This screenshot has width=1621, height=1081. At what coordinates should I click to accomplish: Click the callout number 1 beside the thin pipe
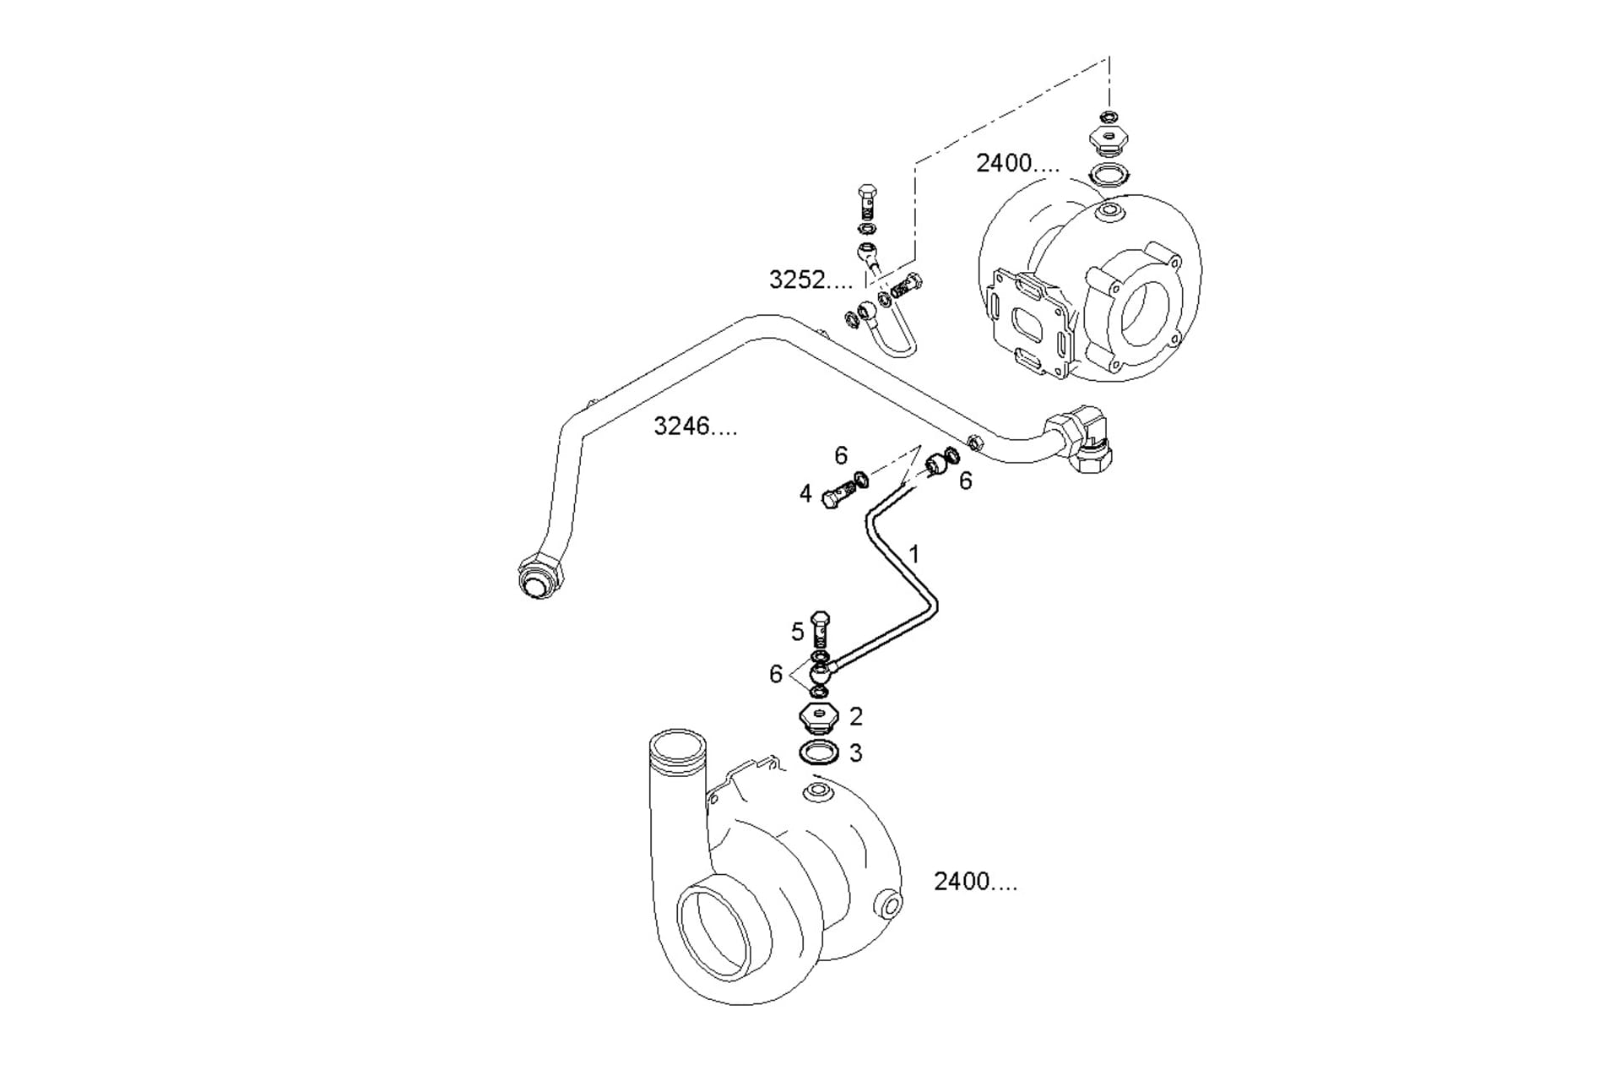pyautogui.click(x=914, y=554)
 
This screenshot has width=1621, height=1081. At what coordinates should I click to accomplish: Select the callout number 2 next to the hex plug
pyautogui.click(x=856, y=716)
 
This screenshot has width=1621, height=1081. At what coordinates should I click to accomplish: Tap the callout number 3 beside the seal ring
pyautogui.click(x=856, y=752)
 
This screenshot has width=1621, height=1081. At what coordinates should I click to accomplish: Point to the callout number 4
pyautogui.click(x=805, y=493)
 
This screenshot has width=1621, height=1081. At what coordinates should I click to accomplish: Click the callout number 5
pyautogui.click(x=798, y=632)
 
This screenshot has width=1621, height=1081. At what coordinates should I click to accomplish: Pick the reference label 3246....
pyautogui.click(x=695, y=426)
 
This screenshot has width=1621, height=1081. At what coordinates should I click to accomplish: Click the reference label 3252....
pyautogui.click(x=810, y=280)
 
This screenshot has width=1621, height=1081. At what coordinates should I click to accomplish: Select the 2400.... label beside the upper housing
pyautogui.click(x=1017, y=163)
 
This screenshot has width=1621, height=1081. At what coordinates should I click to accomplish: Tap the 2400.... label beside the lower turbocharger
pyautogui.click(x=975, y=881)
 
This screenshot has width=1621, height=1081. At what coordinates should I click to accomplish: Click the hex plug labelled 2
pyautogui.click(x=817, y=718)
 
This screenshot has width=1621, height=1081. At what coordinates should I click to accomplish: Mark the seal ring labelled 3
pyautogui.click(x=818, y=752)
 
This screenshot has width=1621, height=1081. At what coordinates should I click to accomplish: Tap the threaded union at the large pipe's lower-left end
pyautogui.click(x=539, y=576)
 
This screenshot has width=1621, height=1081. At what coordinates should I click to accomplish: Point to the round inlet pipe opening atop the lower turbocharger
pyautogui.click(x=675, y=749)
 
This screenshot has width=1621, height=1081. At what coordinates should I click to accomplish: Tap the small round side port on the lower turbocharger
pyautogui.click(x=890, y=904)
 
